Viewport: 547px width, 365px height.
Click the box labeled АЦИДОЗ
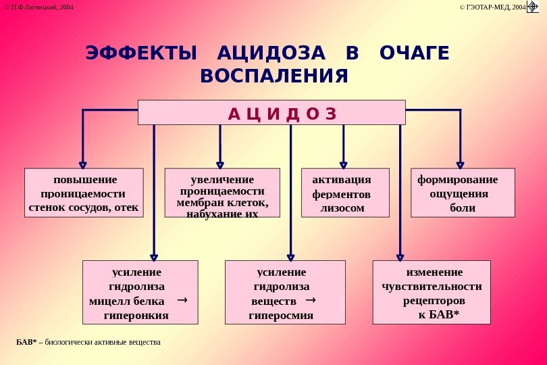271,112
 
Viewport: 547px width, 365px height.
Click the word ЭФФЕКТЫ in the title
141,53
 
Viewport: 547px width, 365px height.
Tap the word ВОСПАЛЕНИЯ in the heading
274,76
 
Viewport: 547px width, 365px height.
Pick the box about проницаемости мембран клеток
222,193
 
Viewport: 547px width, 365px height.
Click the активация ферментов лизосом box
344,193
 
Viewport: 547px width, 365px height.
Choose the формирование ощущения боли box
463,193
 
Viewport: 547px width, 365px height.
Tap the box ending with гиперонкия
140,293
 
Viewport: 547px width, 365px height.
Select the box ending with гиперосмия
284,293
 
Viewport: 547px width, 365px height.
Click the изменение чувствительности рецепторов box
432,293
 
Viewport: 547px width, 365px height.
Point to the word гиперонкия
136,315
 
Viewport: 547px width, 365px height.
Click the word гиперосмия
281,315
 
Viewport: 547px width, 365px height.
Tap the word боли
463,208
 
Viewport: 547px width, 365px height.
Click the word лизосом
342,208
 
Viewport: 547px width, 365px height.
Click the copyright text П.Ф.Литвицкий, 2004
40,7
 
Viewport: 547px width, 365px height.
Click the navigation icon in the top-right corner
532,7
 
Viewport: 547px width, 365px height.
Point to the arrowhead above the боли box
460,164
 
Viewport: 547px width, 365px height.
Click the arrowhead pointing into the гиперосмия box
290,256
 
